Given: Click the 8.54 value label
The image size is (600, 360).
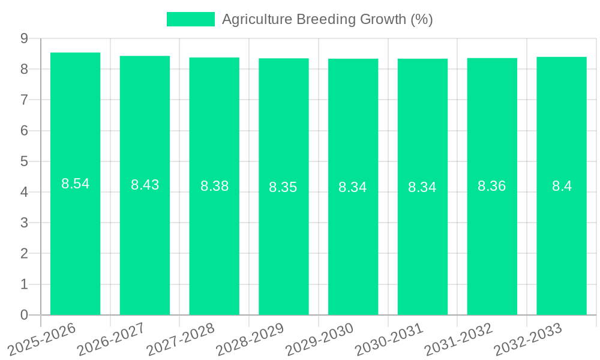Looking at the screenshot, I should (76, 184).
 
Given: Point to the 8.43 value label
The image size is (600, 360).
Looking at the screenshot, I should (145, 185).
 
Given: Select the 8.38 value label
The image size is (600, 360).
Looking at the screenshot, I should (215, 186).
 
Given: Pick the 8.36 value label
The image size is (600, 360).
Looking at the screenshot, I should (492, 186).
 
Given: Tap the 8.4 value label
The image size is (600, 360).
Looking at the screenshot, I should (562, 186).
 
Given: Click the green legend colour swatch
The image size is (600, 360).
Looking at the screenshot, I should (190, 19).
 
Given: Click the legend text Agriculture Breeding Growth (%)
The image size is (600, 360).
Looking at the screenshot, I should (328, 19).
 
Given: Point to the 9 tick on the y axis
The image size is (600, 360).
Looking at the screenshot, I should (25, 38).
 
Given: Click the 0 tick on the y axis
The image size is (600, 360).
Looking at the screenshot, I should (25, 315).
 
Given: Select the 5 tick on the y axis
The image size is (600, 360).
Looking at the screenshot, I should (25, 161).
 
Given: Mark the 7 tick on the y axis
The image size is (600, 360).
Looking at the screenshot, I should (25, 100).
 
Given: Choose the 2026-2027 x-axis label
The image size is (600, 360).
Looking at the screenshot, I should (111, 338).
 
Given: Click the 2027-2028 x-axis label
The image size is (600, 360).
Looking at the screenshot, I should (181, 338).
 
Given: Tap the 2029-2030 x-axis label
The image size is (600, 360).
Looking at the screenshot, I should (319, 338).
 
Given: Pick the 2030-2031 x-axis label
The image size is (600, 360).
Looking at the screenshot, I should (389, 338).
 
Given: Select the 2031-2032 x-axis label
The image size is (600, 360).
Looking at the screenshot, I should (458, 338).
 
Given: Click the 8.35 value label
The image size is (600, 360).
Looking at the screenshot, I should (283, 187).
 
